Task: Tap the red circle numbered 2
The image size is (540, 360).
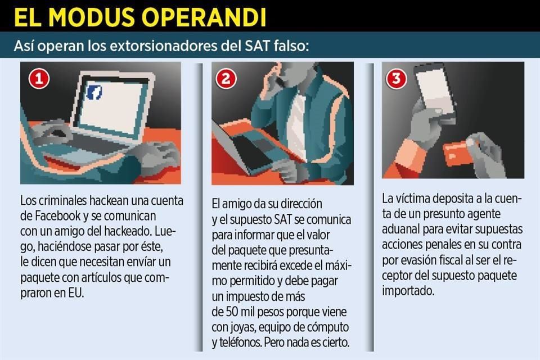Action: pyautogui.click(x=226, y=79)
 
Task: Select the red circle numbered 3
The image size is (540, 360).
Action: pyautogui.click(x=397, y=79)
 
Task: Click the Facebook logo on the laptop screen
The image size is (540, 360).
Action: pyautogui.click(x=94, y=93)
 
